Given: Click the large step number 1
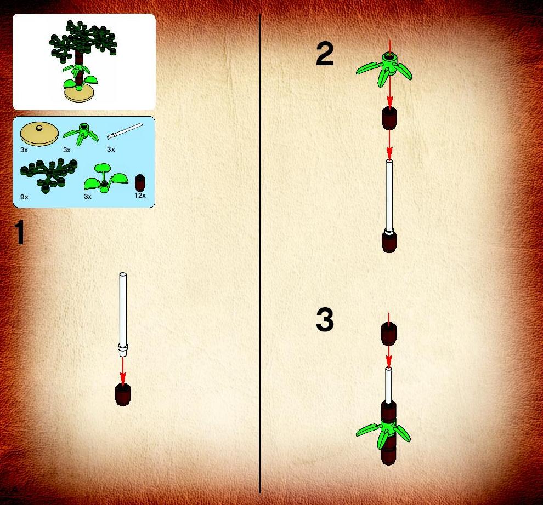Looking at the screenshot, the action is [19, 232].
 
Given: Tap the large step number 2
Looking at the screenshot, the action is [325, 54].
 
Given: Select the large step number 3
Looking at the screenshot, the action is [325, 320].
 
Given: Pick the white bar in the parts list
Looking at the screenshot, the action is [125, 131].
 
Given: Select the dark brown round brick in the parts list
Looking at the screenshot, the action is [140, 183].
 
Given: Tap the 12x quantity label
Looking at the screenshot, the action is [140, 196].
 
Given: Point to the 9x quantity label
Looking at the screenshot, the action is [24, 197].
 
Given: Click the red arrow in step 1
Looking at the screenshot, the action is [123, 370].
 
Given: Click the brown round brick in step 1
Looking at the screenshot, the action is [123, 394].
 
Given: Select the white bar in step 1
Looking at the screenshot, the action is [123, 314].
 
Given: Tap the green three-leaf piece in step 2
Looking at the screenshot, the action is [384, 68].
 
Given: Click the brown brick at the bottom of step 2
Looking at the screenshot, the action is [389, 242].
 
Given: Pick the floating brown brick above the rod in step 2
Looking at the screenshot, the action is [389, 119].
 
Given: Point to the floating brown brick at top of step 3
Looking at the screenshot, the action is [388, 334].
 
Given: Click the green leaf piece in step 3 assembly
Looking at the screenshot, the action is [383, 433].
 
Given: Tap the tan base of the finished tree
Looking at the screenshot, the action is [79, 94].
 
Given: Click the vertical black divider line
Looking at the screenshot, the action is [260, 253].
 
